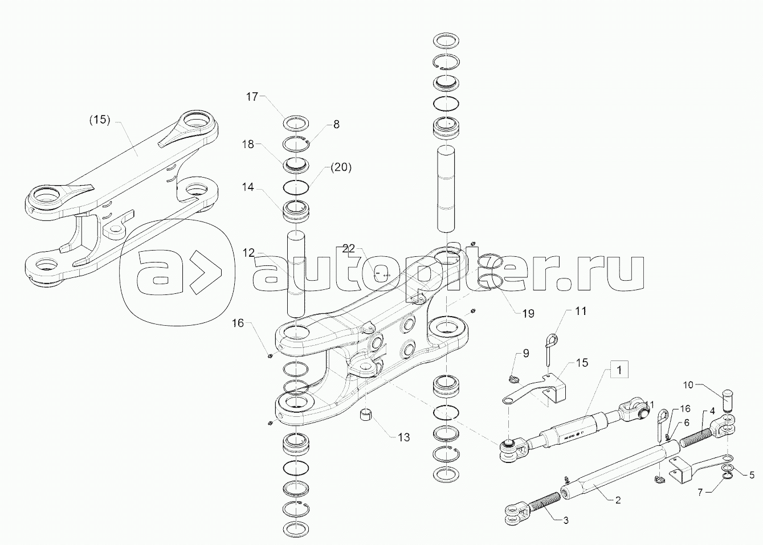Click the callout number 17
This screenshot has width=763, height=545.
pyautogui.click(x=252, y=97)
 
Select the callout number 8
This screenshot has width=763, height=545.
pyautogui.click(x=336, y=124)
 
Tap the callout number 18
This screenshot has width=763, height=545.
pyautogui.click(x=247, y=145)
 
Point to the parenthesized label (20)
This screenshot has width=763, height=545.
pyautogui.click(x=340, y=167)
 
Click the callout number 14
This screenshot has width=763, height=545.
pyautogui.click(x=247, y=187)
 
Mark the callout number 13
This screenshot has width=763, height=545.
pyautogui.click(x=403, y=437)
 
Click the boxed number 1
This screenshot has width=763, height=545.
pyautogui.click(x=621, y=369)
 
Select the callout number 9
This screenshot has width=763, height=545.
pyautogui.click(x=525, y=353)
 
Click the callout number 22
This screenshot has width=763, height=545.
pyautogui.click(x=349, y=248)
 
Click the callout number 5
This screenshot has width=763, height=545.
pyautogui.click(x=752, y=474)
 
